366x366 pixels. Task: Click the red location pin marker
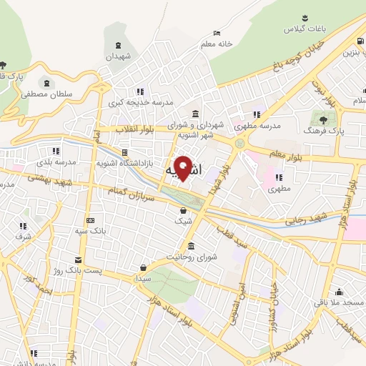[x=183, y=168]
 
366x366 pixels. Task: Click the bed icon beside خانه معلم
[x=217, y=33]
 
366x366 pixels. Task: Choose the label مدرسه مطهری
[x=262, y=125]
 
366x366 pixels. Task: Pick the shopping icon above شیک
[x=184, y=210]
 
